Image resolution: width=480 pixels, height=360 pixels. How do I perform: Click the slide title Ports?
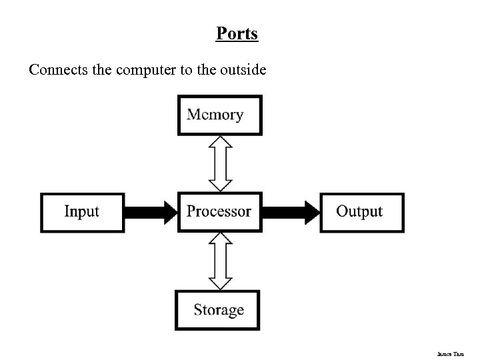[x=237, y=33]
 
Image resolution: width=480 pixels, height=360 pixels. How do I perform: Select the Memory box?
[x=219, y=115]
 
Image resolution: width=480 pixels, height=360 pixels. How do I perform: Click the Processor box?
[x=219, y=212]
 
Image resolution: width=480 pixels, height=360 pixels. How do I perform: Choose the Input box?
[x=82, y=212]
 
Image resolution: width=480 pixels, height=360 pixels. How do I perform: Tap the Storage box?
[x=218, y=310]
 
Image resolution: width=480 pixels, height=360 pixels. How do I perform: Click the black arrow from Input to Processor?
[x=151, y=212]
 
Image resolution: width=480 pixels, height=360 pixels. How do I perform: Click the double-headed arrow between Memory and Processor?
[x=220, y=163]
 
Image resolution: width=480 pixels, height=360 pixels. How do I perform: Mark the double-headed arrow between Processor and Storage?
[x=220, y=261]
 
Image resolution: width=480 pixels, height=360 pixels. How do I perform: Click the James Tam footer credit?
[x=461, y=349]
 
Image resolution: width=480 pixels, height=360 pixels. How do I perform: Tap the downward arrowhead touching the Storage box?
[x=220, y=283]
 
